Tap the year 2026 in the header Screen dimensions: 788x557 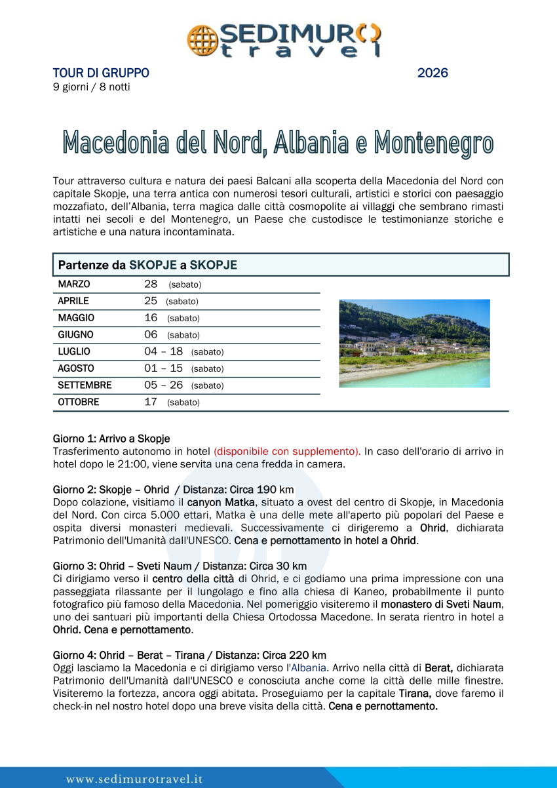click(x=432, y=73)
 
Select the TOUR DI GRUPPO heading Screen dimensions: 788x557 click(x=101, y=73)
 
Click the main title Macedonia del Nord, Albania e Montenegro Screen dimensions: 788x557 click(x=278, y=143)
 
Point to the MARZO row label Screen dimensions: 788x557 click(x=74, y=285)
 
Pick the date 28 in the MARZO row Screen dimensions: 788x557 click(x=151, y=285)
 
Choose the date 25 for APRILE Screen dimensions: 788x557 click(x=151, y=301)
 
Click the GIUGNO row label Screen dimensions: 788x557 click(x=75, y=335)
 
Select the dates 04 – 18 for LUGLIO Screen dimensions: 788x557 click(x=163, y=351)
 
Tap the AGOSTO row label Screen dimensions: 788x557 click(x=76, y=368)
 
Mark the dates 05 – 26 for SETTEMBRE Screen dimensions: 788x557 click(x=163, y=385)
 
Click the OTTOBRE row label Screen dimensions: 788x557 click(x=79, y=402)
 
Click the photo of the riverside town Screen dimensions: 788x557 click(x=414, y=343)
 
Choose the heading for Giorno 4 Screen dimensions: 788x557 click(x=189, y=655)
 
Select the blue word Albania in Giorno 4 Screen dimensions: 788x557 click(x=308, y=667)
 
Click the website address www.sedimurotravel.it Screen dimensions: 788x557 click(x=134, y=779)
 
